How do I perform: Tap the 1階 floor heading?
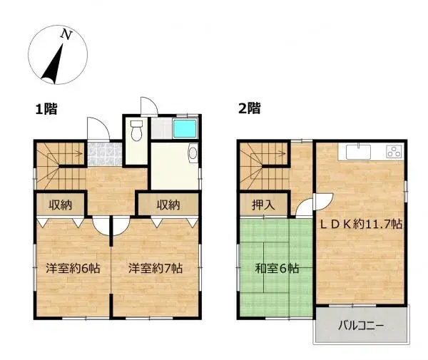click(x=46, y=109)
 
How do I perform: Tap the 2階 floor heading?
click(x=249, y=109)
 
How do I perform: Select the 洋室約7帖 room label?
click(x=156, y=269)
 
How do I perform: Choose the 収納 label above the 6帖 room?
click(x=60, y=205)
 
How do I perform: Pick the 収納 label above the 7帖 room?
click(x=168, y=205)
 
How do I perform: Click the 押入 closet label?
click(x=262, y=205)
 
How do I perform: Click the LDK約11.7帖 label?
click(x=360, y=223)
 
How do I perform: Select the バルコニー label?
click(x=360, y=326)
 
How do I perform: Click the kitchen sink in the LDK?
click(x=357, y=151)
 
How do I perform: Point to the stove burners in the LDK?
click(x=393, y=151)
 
